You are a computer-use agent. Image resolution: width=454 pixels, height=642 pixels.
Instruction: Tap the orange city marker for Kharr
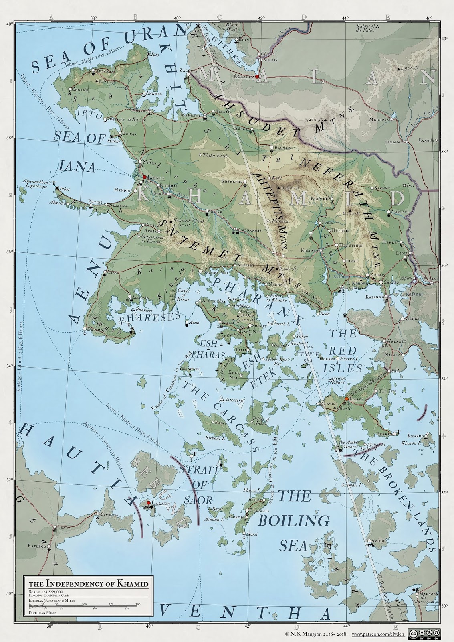point(346,398)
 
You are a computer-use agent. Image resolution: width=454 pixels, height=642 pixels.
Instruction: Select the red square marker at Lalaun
point(148,502)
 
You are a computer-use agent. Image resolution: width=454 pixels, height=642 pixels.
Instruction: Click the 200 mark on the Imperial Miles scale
point(138,604)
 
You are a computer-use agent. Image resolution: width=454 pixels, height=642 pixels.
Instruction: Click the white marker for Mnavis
point(319,404)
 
